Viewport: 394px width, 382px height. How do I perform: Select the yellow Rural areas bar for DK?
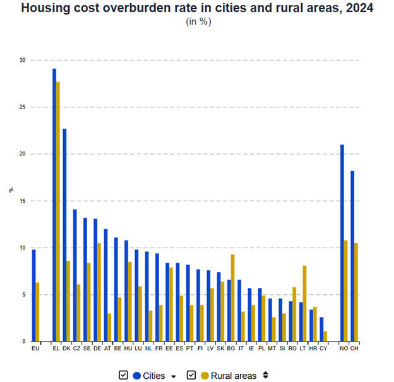point(68,301)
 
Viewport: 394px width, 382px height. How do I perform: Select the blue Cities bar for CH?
point(352,256)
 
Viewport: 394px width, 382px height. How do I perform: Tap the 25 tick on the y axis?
point(23,107)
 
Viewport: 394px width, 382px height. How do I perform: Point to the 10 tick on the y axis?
point(23,248)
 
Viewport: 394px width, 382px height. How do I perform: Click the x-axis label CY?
point(323,348)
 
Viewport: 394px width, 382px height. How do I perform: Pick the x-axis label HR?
point(313,348)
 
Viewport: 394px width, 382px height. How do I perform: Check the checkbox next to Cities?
point(123,375)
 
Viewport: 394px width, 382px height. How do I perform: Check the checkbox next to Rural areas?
point(191,375)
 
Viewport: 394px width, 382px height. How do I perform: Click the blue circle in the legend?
point(136,376)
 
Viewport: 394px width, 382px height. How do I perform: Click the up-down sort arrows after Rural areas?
point(266,375)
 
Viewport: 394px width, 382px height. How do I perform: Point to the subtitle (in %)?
point(198,21)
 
